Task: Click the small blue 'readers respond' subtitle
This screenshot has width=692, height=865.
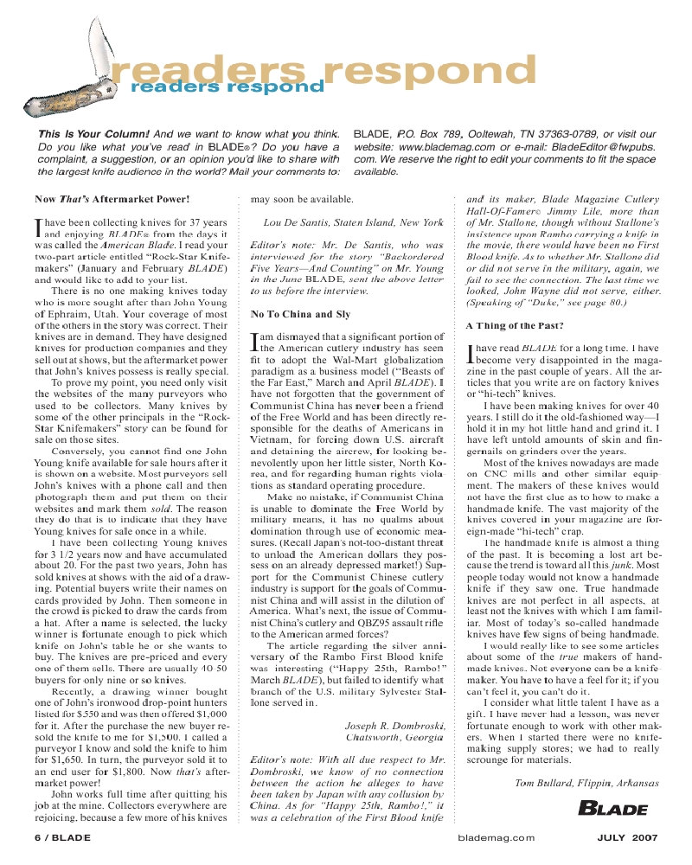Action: pyautogui.click(x=227, y=86)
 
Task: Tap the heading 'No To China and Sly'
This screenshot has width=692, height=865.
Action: pyautogui.click(x=300, y=315)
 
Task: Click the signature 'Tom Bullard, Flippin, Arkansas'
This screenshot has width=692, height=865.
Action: pyautogui.click(x=586, y=783)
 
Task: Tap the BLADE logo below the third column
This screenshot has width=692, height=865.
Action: pyautogui.click(x=612, y=809)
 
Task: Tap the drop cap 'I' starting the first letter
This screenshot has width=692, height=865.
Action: pyautogui.click(x=38, y=227)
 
